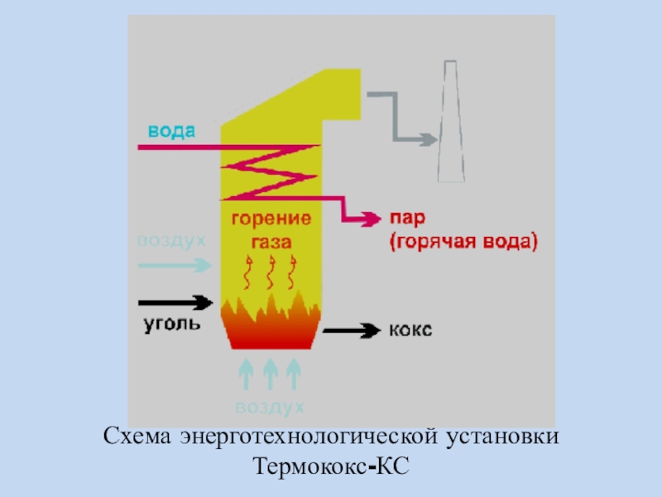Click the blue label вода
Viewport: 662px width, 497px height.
point(172,131)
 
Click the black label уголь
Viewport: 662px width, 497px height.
point(169,323)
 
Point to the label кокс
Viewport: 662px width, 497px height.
point(410,330)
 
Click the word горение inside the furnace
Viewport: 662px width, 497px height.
point(271,220)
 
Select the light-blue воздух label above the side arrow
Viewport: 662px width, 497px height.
point(171,241)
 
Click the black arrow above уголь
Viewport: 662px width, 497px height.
point(175,302)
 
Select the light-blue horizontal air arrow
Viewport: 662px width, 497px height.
point(175,265)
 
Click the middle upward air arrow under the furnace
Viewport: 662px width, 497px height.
point(270,374)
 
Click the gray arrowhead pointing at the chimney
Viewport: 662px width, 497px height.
point(428,139)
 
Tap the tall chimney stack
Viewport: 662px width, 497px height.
point(449,124)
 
